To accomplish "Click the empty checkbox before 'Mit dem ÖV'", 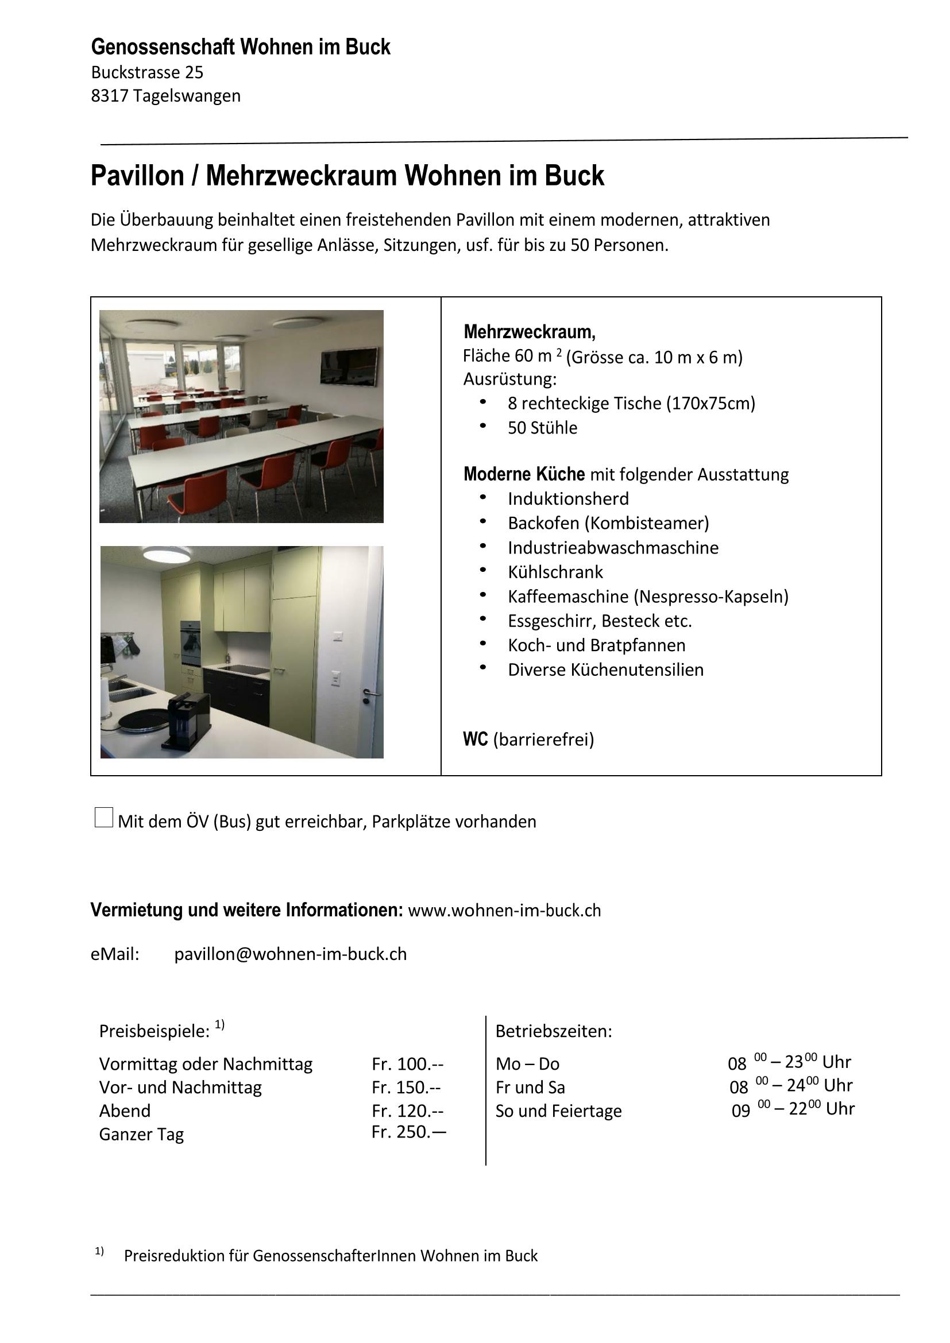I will [x=103, y=817].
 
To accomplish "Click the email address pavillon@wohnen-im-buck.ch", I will [x=290, y=954].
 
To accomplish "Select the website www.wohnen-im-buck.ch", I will [x=504, y=911].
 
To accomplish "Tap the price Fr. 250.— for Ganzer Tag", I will [x=408, y=1132].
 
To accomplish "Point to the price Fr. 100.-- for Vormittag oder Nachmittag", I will [x=407, y=1063].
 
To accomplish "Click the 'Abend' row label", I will [x=125, y=1110].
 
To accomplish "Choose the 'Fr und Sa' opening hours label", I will [x=530, y=1087].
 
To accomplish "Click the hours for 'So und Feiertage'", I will [x=793, y=1109].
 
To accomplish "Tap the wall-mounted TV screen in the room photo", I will [x=349, y=367].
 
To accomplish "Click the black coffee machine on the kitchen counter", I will [x=188, y=720].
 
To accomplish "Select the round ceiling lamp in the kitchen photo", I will [x=165, y=553].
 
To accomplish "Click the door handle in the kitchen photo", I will [x=369, y=695].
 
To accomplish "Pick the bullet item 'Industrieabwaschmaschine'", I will [x=612, y=548].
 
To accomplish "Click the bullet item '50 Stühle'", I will [x=542, y=428].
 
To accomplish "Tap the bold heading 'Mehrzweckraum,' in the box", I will [x=530, y=332].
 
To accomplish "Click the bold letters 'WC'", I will [x=475, y=740].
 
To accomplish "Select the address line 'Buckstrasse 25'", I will [x=148, y=72].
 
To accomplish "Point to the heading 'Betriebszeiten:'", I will [x=553, y=1031].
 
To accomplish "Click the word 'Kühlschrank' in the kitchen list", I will [x=555, y=572].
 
